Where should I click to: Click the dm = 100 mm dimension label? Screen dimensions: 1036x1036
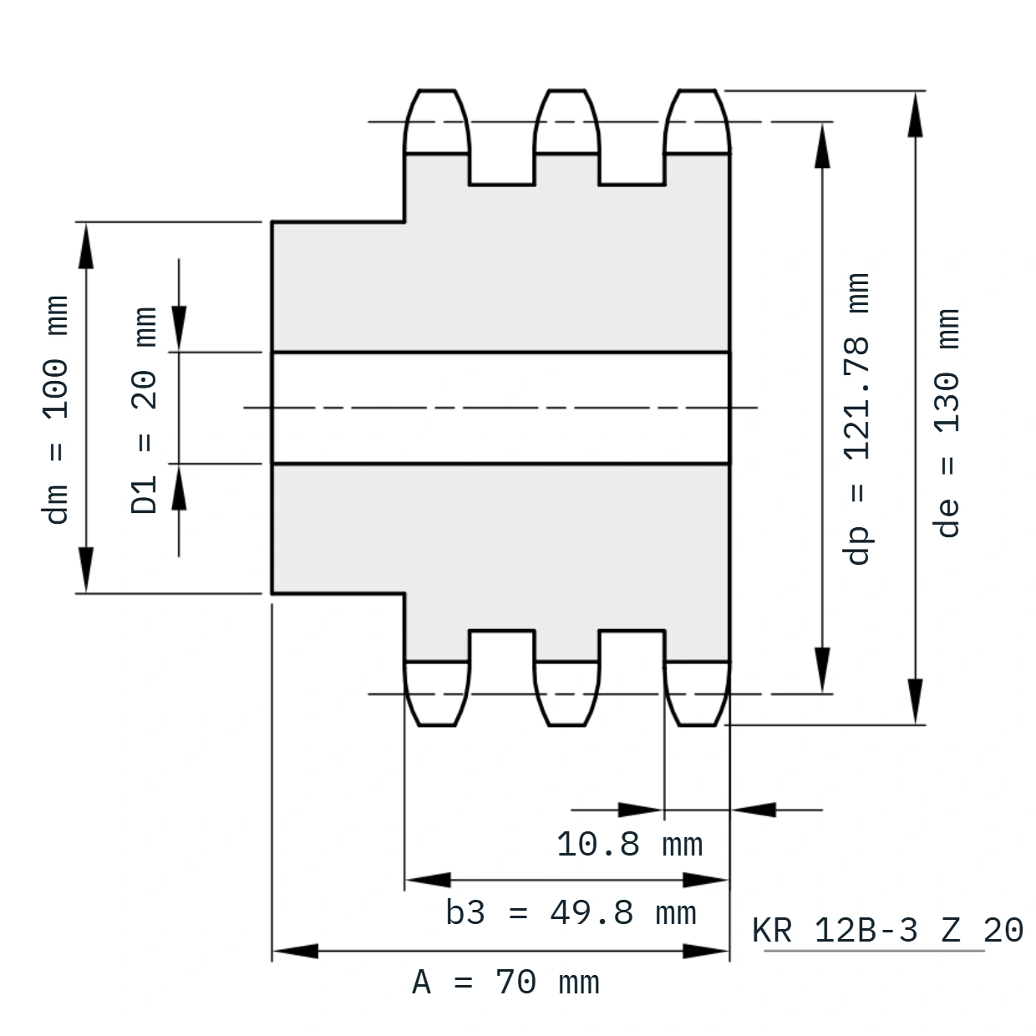coord(55,409)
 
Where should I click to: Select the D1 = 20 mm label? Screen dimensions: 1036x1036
coord(144,410)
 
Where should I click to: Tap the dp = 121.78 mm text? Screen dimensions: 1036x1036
coord(856,419)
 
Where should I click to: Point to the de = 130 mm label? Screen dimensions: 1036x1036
coord(947,423)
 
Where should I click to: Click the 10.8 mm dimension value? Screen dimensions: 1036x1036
coord(630,844)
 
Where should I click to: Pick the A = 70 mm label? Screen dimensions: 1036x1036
coord(505,983)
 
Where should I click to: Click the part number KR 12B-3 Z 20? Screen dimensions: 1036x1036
coord(887,930)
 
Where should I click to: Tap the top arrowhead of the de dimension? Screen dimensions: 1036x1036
coord(915,114)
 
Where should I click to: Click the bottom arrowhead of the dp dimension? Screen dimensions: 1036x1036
coord(822,669)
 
